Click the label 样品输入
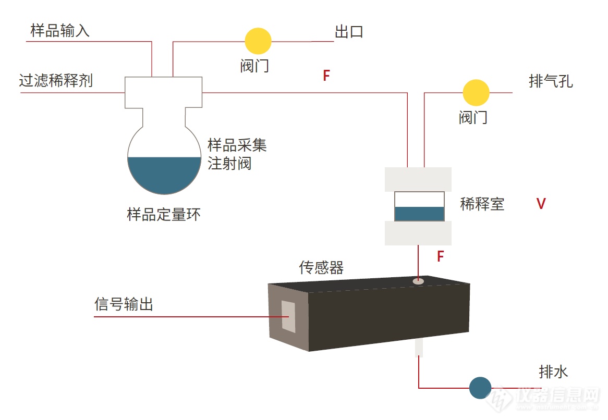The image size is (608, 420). pyautogui.click(x=60, y=31)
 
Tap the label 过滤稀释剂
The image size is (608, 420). pyautogui.click(x=56, y=81)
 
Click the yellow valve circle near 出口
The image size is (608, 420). pyautogui.click(x=258, y=41)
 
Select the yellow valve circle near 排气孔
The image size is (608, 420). pyautogui.click(x=476, y=93)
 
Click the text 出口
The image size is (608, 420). pyautogui.click(x=348, y=32)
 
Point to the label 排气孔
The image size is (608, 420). pyautogui.click(x=550, y=82)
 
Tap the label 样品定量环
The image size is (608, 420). pyautogui.click(x=163, y=215)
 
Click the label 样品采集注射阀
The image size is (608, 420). pyautogui.click(x=237, y=154)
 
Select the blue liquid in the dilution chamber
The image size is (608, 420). pyautogui.click(x=419, y=214)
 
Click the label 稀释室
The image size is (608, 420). pyautogui.click(x=482, y=204)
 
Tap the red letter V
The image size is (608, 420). pyautogui.click(x=541, y=204)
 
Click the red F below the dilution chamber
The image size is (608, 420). pyautogui.click(x=440, y=256)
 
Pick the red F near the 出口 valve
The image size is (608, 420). pyautogui.click(x=326, y=76)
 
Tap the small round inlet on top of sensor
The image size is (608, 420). pyautogui.click(x=418, y=281)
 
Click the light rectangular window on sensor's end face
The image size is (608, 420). pyautogui.click(x=288, y=316)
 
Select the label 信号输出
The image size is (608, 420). pyautogui.click(x=124, y=304)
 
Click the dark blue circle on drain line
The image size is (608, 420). pyautogui.click(x=480, y=388)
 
